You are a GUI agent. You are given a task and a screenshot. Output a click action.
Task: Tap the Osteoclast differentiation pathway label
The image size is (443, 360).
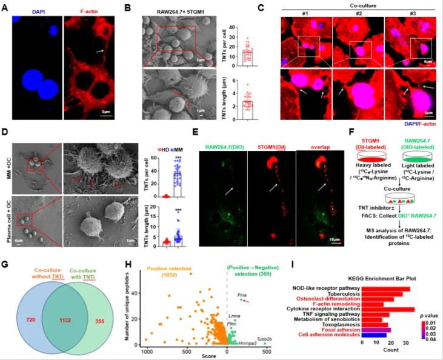tap(329, 299)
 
